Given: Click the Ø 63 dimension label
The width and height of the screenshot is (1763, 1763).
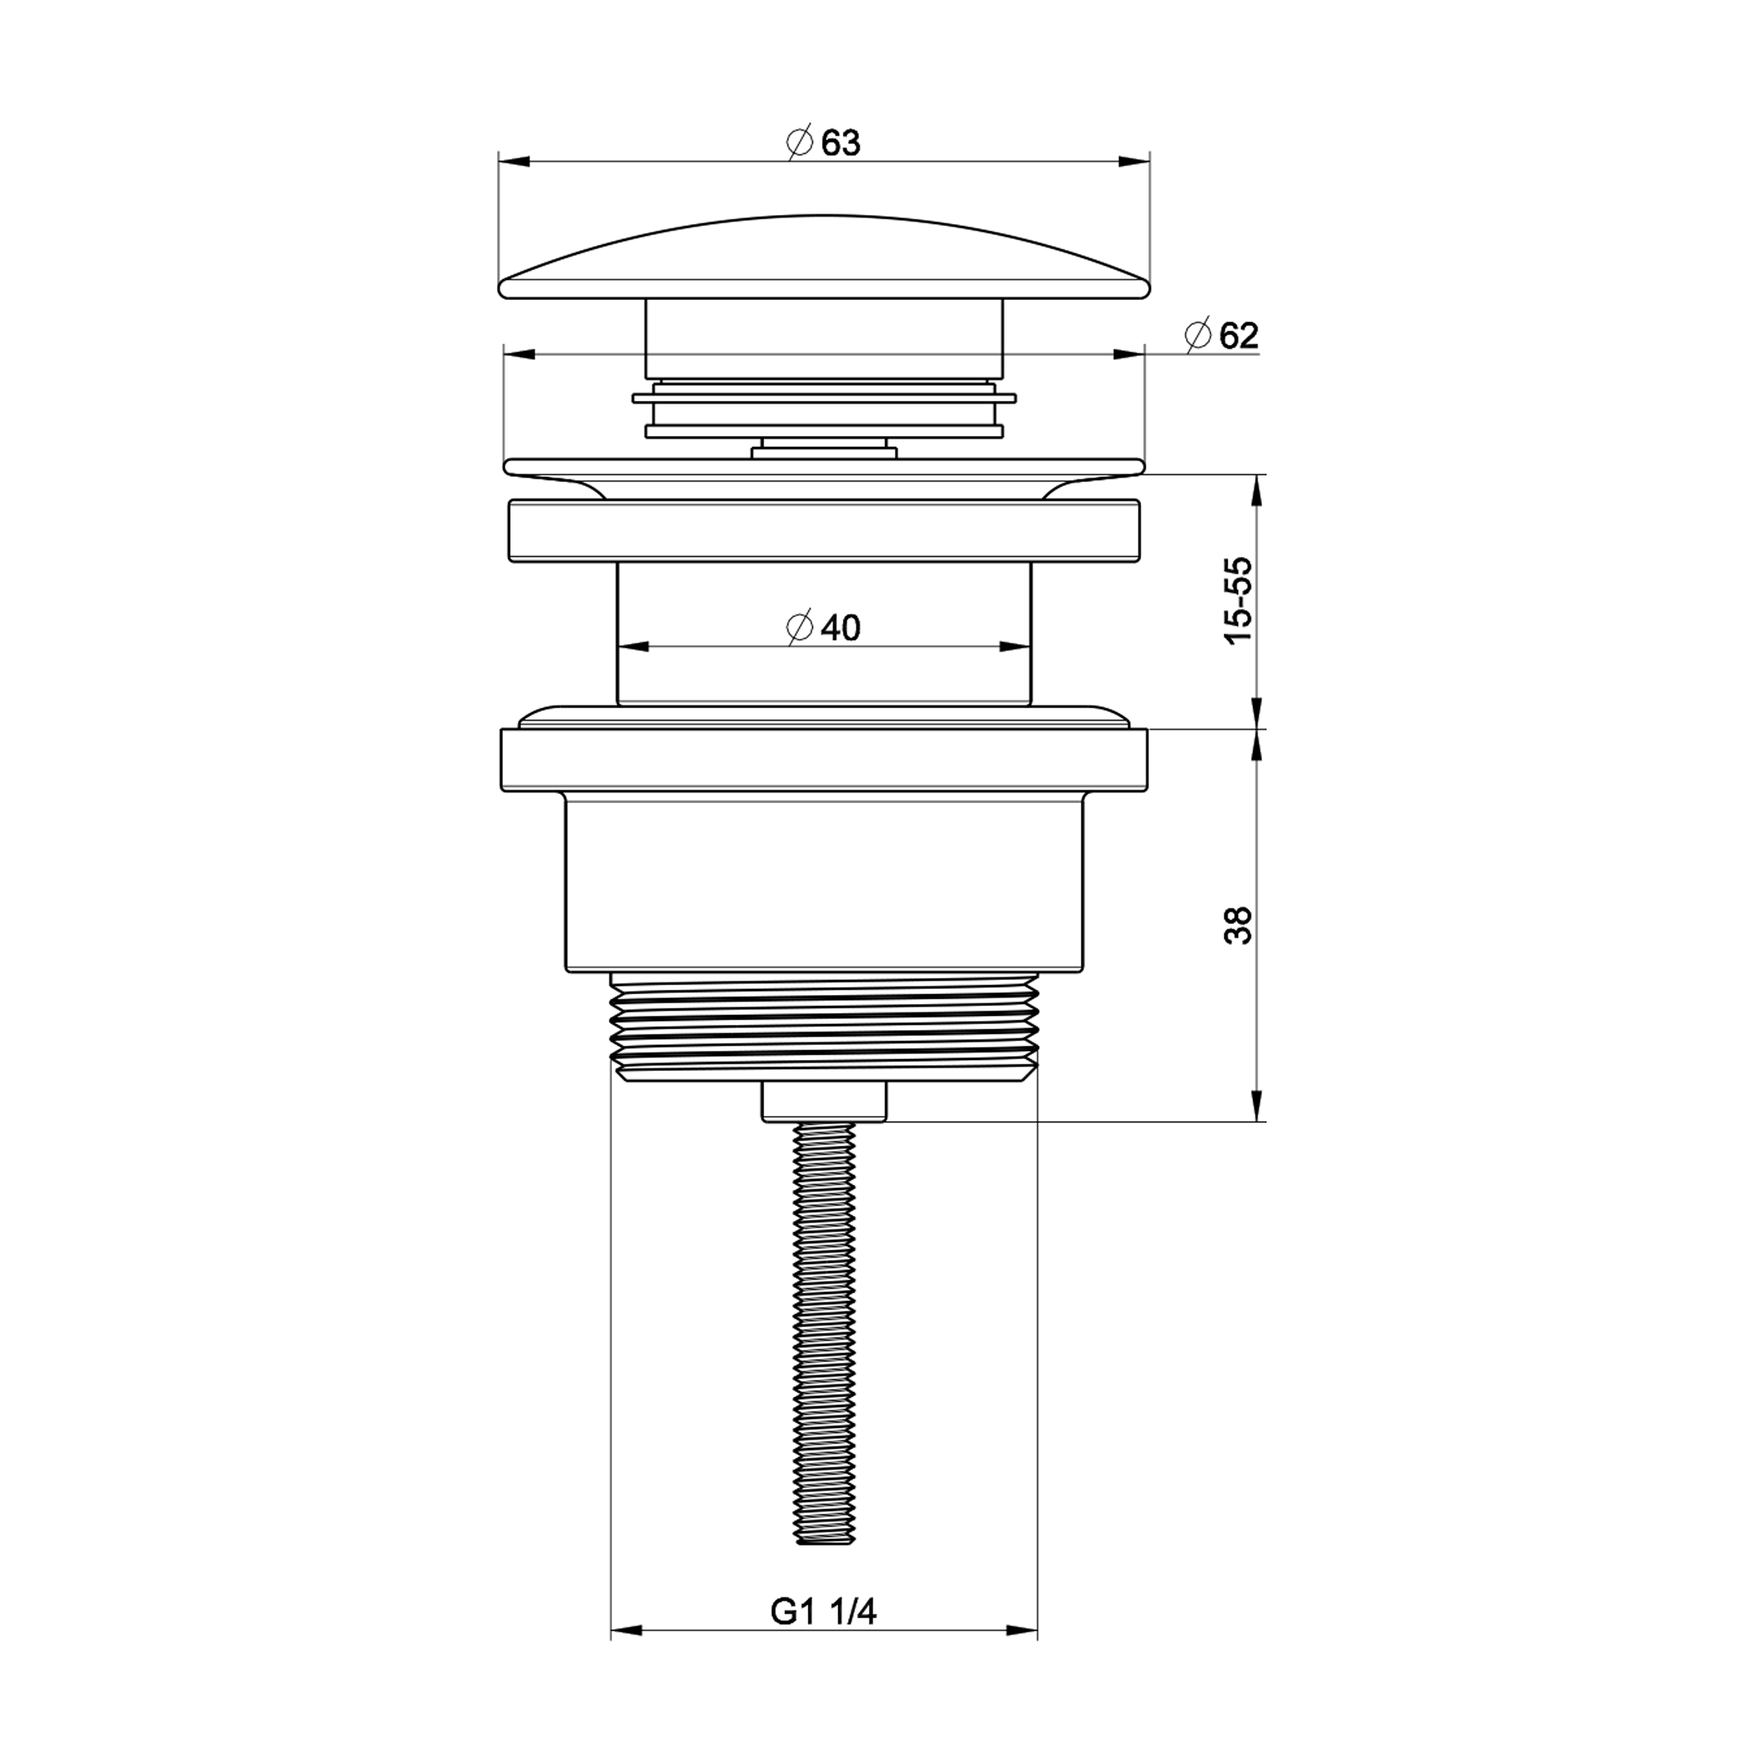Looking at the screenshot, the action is point(823,143).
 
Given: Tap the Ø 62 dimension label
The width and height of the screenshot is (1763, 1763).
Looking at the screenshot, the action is point(1222,336).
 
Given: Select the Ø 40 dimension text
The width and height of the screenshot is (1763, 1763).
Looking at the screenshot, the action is point(823,628).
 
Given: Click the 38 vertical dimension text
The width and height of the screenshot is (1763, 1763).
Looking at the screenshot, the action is point(1240,926).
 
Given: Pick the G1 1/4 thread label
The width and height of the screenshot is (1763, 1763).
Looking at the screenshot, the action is point(824,1612).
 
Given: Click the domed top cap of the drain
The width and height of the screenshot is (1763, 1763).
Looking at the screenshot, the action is point(824,258).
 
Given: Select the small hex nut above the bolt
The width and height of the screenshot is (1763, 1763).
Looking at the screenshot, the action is point(824,1102).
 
